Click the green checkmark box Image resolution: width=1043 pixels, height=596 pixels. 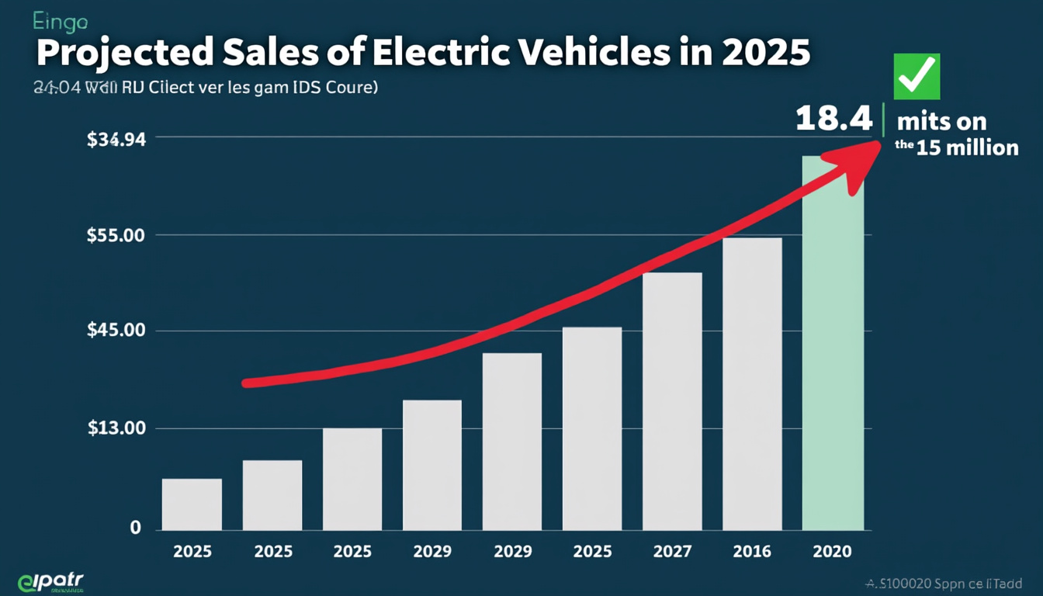(x=917, y=77)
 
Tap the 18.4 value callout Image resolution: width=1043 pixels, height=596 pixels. (x=833, y=119)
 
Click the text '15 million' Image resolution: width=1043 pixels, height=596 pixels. (x=967, y=147)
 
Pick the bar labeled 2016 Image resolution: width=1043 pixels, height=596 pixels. (x=752, y=384)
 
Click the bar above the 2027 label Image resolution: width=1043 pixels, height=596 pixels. (x=672, y=401)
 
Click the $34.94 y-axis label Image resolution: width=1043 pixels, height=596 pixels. (x=116, y=140)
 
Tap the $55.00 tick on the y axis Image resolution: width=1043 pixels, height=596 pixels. (x=116, y=235)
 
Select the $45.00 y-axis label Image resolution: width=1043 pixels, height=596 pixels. (x=116, y=331)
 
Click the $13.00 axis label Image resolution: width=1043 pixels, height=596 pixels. (x=116, y=428)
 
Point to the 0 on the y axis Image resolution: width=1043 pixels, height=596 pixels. (x=135, y=528)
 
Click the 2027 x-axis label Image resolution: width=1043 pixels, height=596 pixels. (x=672, y=552)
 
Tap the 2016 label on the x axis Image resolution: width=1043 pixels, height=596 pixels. (x=752, y=552)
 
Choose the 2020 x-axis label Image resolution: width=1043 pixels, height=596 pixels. (x=832, y=552)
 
